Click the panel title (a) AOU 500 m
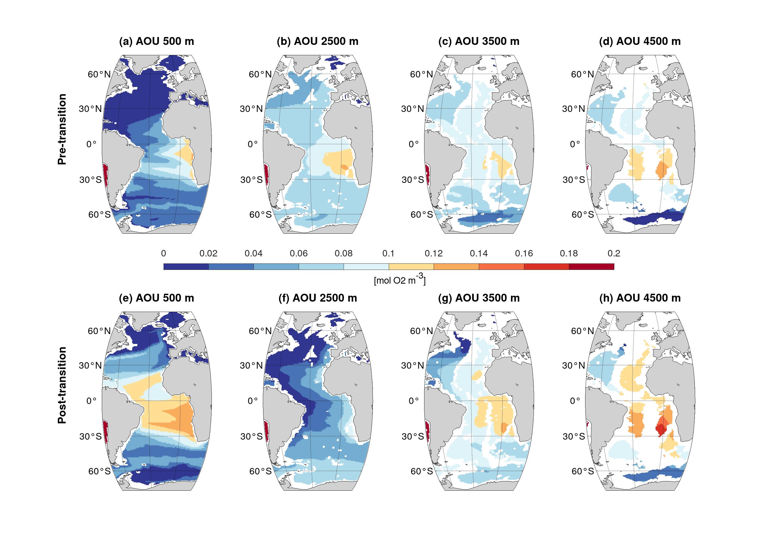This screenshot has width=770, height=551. [x=156, y=42]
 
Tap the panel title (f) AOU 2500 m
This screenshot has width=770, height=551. [x=318, y=298]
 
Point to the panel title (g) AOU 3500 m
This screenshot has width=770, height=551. [x=479, y=298]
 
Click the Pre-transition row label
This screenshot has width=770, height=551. [x=62, y=129]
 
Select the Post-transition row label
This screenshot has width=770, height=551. [x=62, y=385]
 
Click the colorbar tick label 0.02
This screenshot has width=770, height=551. [x=208, y=253]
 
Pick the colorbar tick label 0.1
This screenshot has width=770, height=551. [x=389, y=253]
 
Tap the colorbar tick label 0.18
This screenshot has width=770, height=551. [x=569, y=253]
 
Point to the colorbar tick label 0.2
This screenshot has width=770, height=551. [x=614, y=253]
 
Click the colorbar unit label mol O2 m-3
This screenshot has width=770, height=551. [x=399, y=280]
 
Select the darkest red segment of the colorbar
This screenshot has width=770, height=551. [x=591, y=267]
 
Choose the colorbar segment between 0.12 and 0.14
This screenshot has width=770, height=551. [x=456, y=267]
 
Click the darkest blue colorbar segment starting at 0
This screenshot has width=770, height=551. [x=186, y=267]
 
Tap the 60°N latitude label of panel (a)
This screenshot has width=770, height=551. [x=99, y=74]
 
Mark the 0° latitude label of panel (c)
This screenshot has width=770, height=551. [x=413, y=144]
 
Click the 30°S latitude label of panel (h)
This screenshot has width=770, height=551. [x=574, y=436]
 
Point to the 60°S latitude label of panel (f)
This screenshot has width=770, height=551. [x=260, y=471]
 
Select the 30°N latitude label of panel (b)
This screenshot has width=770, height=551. [x=251, y=109]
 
